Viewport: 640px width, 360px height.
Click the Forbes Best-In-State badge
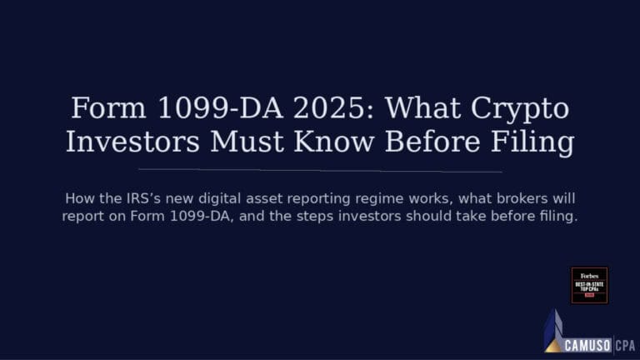coord(589,286)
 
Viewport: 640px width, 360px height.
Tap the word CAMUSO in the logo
coord(587,344)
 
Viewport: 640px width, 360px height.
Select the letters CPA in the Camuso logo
coord(627,344)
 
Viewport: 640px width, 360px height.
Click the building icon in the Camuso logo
coord(553,331)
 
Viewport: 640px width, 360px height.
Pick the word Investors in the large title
coord(132,142)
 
